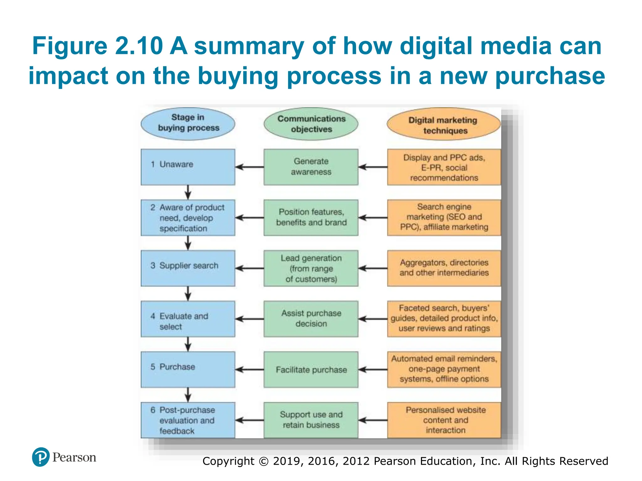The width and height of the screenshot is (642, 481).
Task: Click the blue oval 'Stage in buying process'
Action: tap(188, 123)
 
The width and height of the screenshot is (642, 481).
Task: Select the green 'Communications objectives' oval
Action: tap(311, 124)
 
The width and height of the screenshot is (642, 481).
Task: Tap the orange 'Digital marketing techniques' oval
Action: tap(443, 125)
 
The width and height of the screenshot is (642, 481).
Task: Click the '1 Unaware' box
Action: tap(188, 167)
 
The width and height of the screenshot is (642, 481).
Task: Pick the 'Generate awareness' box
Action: tap(311, 167)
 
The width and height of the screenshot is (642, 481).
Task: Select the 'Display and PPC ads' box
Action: tap(444, 167)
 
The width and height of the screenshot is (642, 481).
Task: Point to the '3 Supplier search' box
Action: tap(188, 268)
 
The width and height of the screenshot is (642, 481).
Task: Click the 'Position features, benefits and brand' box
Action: tap(311, 218)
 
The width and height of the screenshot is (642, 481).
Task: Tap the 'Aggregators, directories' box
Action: tap(444, 268)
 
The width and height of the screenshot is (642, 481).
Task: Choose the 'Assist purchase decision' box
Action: tap(311, 319)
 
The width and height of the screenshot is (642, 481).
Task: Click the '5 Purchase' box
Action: tap(188, 370)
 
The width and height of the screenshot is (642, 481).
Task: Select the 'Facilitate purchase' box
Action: tap(311, 370)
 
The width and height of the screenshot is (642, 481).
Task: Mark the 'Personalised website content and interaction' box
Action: tap(444, 420)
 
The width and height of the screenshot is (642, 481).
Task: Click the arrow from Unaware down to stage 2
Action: tap(188, 192)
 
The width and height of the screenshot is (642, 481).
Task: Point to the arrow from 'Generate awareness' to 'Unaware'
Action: tap(250, 167)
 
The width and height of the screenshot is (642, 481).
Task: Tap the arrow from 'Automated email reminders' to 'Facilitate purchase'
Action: tap(373, 370)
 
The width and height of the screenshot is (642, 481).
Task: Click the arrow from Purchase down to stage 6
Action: tap(188, 395)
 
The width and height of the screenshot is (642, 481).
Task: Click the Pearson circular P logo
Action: tap(41, 457)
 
